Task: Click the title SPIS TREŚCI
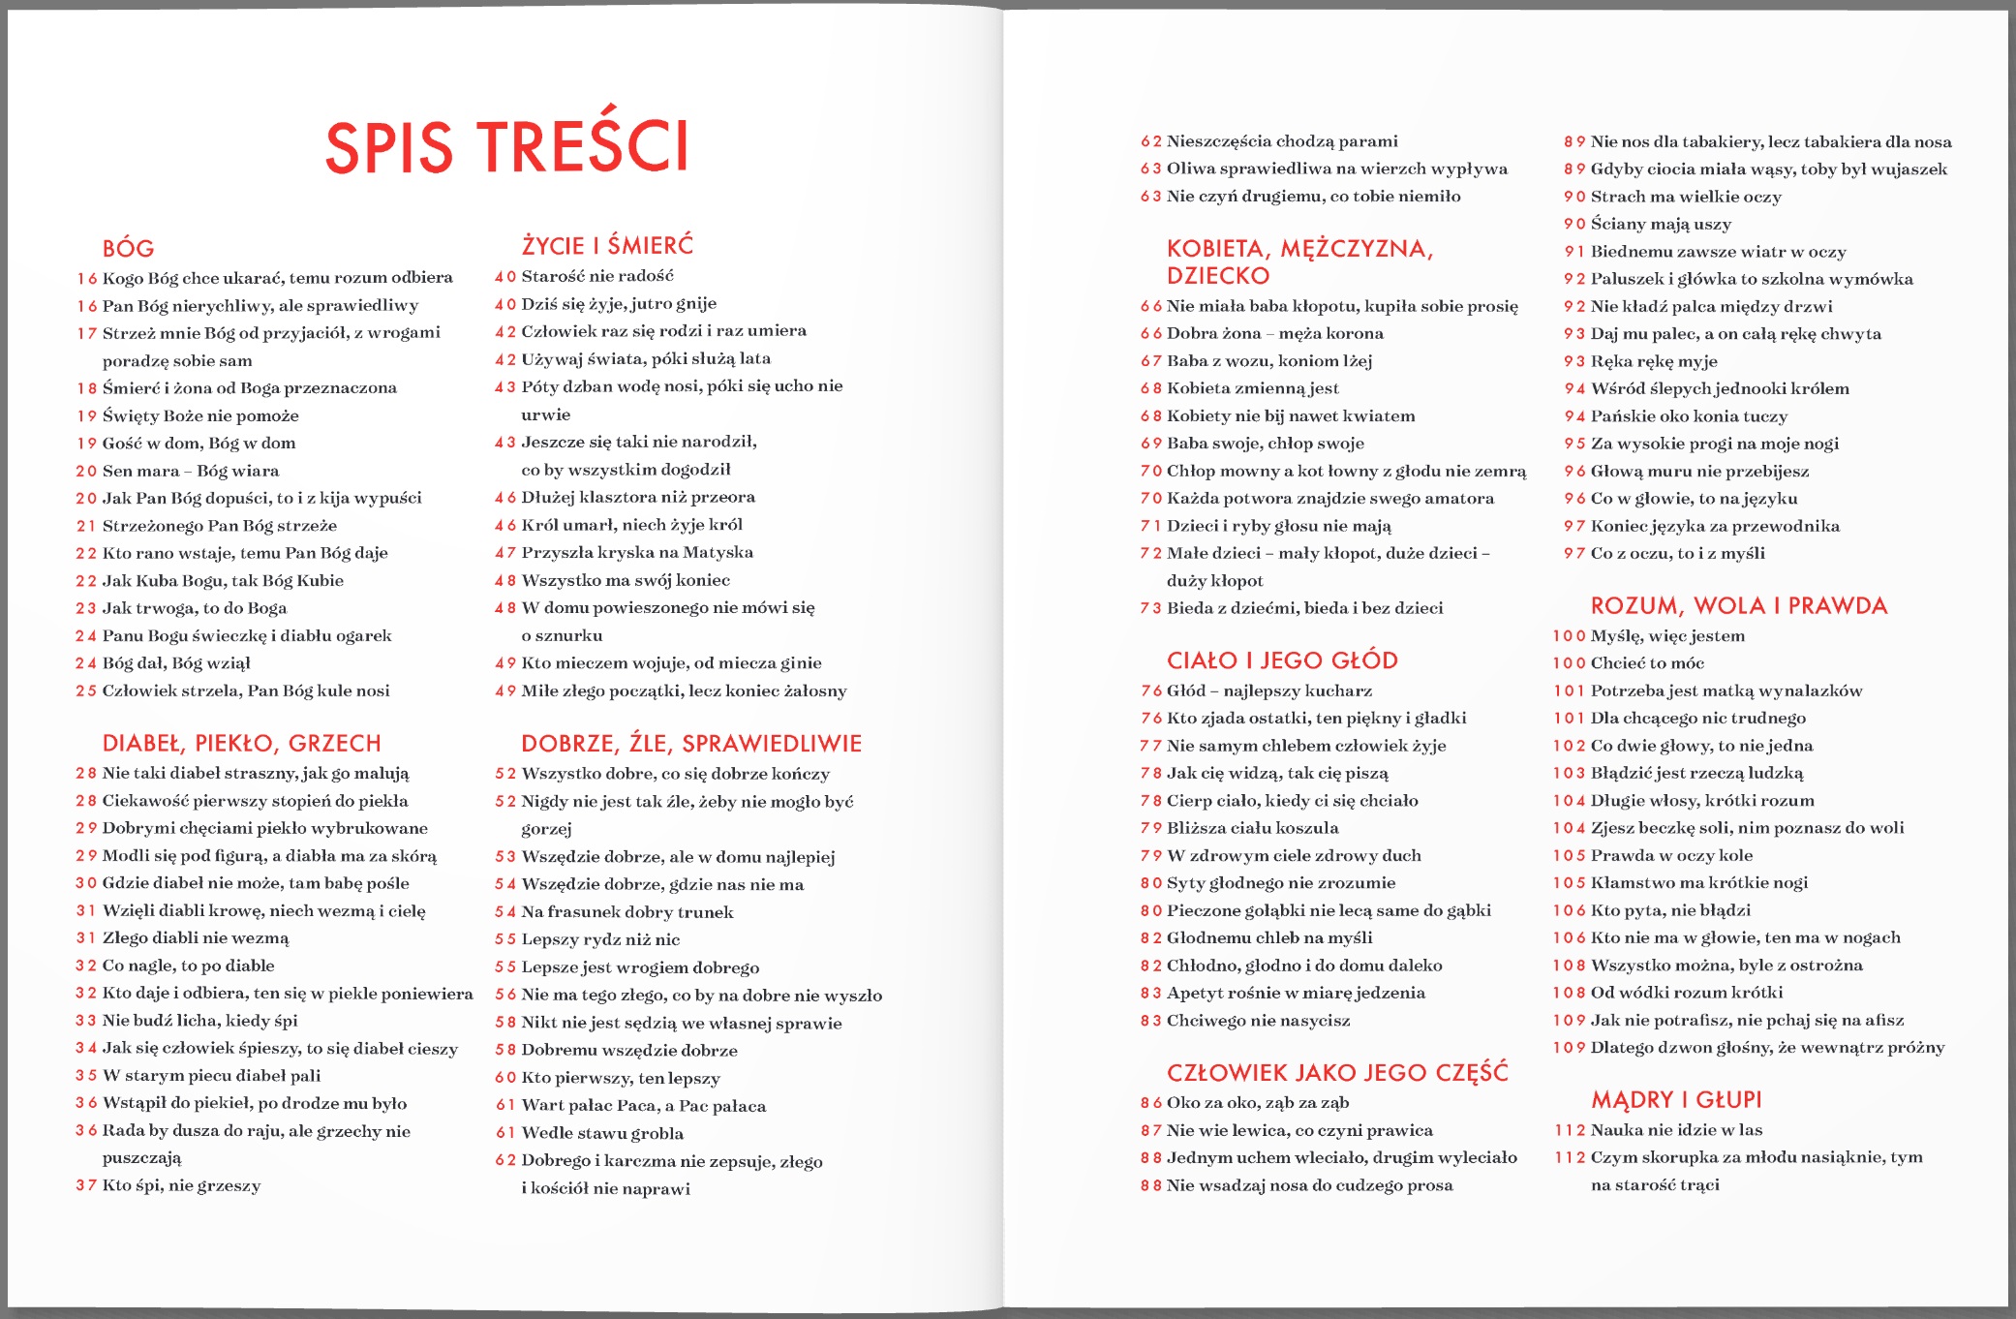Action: click(x=506, y=146)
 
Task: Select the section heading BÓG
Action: click(x=128, y=249)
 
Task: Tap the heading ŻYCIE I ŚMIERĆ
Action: click(x=607, y=245)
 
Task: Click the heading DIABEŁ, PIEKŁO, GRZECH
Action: click(x=241, y=744)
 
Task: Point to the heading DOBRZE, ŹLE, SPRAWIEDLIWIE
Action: click(x=690, y=744)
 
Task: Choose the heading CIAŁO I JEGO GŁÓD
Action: click(x=1282, y=660)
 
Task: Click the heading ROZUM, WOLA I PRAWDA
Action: click(x=1738, y=606)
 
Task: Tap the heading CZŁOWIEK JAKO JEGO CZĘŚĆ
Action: click(x=1337, y=1073)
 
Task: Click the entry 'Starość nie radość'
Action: click(x=596, y=276)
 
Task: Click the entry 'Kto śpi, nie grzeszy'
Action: click(x=181, y=1185)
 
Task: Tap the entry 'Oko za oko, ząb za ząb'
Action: click(x=1257, y=1103)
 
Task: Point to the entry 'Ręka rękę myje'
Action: click(x=1653, y=361)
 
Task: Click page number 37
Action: click(x=86, y=1185)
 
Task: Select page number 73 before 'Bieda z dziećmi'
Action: click(x=1150, y=608)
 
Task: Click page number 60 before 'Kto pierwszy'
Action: click(x=505, y=1078)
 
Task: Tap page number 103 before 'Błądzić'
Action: click(x=1569, y=773)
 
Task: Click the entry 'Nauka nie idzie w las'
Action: click(x=1675, y=1130)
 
